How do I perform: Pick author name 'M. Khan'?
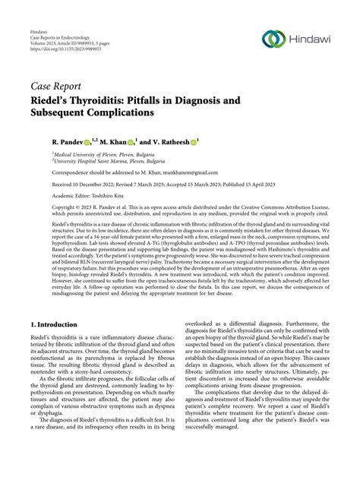[125, 142]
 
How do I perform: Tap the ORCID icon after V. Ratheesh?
[214, 142]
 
